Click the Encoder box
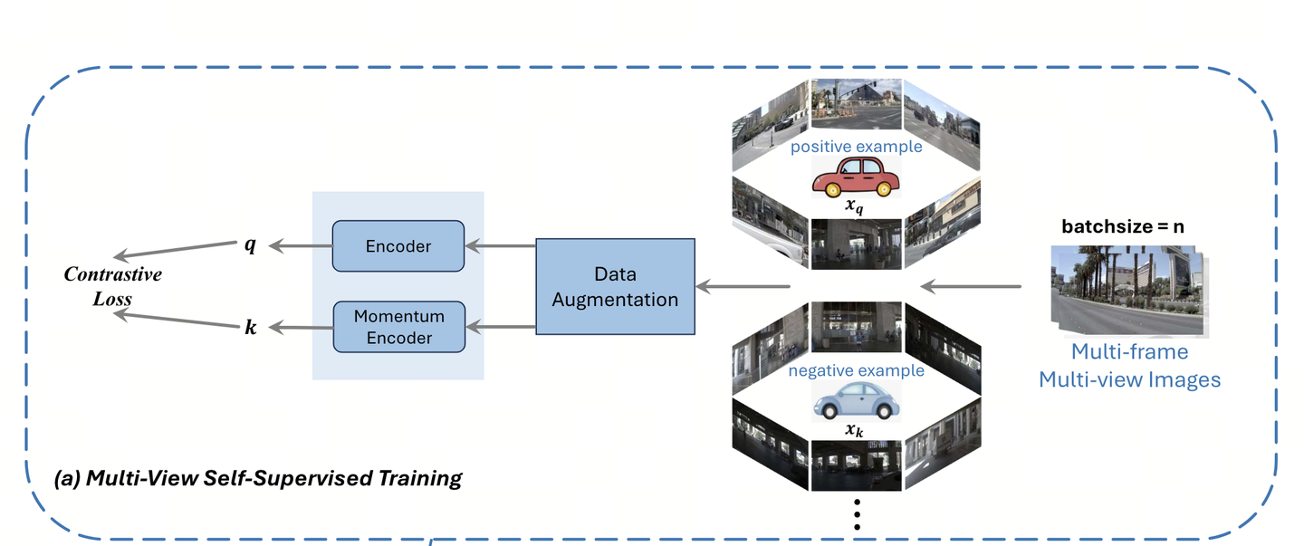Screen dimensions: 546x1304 click(398, 245)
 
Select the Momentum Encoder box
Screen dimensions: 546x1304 click(398, 327)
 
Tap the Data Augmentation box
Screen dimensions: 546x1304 click(615, 286)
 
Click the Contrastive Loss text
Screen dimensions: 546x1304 click(112, 286)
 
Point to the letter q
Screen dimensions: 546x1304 click(251, 244)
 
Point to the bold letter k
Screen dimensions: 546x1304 click(251, 328)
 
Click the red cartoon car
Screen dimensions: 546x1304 click(856, 177)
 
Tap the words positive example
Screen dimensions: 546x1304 click(856, 147)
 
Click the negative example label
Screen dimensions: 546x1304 click(856, 370)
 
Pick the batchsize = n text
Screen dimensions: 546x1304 click(1123, 227)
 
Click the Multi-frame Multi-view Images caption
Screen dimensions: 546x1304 click(1129, 365)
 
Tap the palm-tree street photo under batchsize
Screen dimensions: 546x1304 click(1126, 287)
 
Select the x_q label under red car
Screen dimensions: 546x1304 click(856, 206)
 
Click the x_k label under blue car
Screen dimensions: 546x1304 click(855, 430)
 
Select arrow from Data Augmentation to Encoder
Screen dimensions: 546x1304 click(501, 245)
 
